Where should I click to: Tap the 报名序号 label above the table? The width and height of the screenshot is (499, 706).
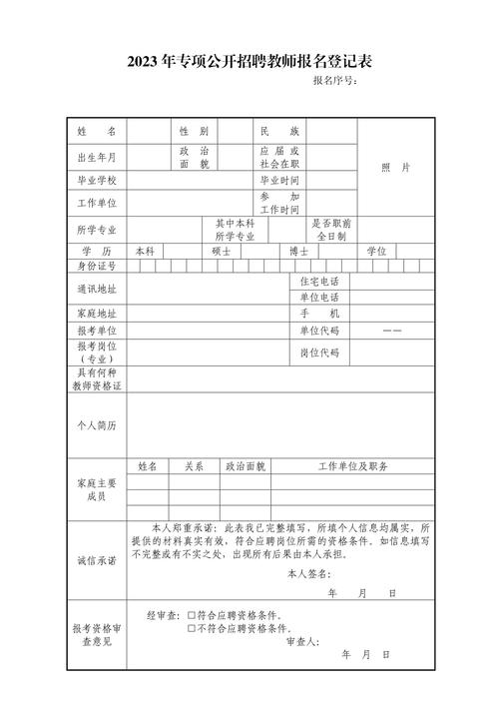point(334,81)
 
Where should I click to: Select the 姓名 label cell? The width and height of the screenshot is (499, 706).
point(97,132)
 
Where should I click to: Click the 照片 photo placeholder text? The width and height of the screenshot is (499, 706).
point(395,168)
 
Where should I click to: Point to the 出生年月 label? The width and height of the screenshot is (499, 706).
point(97,157)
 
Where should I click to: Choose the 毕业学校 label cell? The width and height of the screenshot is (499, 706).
point(97,181)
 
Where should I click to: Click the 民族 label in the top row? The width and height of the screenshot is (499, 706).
point(279,132)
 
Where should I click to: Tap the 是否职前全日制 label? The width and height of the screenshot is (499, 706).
point(330,231)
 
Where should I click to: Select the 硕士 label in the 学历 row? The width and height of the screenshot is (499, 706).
point(222,252)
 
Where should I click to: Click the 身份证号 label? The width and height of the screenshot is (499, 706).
point(97,266)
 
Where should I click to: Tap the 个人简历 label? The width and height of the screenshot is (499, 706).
point(97,425)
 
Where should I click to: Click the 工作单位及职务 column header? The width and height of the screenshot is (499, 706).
point(352,466)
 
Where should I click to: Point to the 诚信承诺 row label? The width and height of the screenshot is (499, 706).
point(97,560)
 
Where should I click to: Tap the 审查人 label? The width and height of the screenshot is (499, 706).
point(301,641)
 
